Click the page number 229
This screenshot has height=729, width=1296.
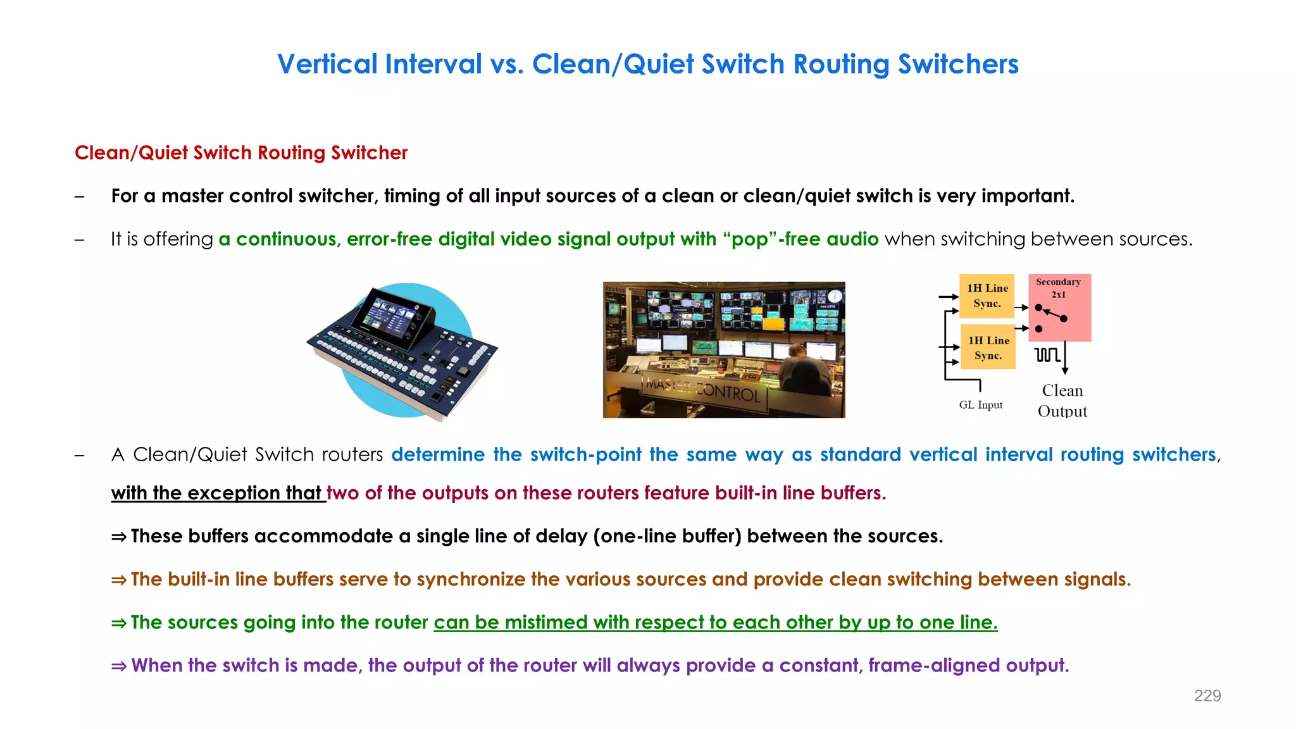pyautogui.click(x=1207, y=696)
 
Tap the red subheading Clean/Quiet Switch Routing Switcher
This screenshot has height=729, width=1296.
pyautogui.click(x=241, y=153)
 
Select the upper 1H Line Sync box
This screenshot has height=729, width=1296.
pyautogui.click(x=987, y=296)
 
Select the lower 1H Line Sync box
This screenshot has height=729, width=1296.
pyautogui.click(x=988, y=347)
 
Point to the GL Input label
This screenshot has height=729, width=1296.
pyautogui.click(x=980, y=405)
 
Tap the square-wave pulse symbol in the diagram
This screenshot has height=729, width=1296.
pyautogui.click(x=1047, y=354)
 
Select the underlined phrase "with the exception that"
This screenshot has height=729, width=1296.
pyautogui.click(x=218, y=493)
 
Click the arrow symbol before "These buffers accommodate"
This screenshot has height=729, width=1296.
pyautogui.click(x=118, y=537)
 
